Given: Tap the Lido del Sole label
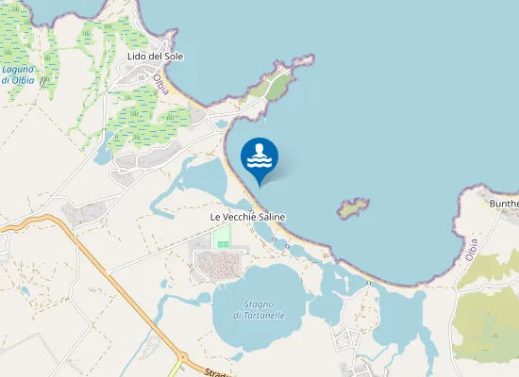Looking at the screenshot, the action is [155, 57].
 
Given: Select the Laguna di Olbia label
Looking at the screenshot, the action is [18, 74].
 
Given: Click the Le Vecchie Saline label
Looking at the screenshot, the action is [247, 217].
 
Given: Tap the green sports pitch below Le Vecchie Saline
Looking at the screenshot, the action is [223, 238].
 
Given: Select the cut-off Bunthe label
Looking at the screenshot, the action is [503, 203].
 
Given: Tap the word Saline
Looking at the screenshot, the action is [269, 217].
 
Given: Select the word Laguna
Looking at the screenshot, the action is [18, 69].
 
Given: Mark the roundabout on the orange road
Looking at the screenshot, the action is [181, 357].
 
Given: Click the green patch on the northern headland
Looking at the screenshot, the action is [276, 88].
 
